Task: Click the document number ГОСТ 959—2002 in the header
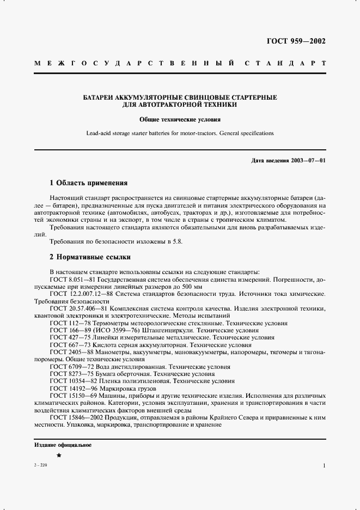297,41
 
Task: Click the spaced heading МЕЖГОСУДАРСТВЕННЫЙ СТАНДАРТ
180,63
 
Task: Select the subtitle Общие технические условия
180,119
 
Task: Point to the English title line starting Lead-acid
180,133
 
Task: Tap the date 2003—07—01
308,161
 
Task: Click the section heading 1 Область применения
88,183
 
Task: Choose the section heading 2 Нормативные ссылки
90,257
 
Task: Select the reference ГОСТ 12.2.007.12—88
82,294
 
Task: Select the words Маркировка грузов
125,389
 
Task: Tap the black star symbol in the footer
59,456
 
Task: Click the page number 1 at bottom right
324,466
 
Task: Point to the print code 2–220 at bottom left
40,466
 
